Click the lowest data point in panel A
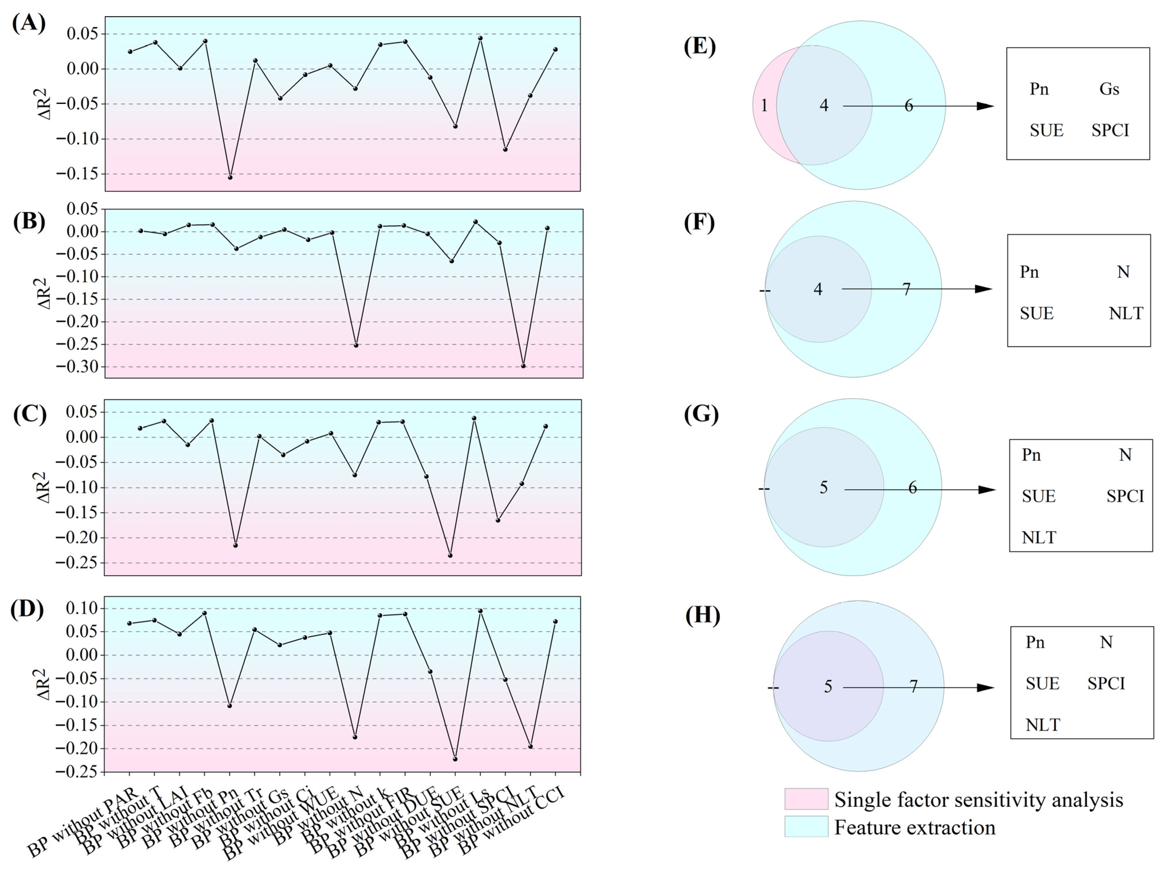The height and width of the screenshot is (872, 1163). click(x=230, y=177)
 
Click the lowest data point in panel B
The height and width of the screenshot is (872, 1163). click(x=523, y=366)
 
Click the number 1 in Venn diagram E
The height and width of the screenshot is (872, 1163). click(x=764, y=106)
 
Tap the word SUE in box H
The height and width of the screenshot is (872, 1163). click(x=1042, y=684)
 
